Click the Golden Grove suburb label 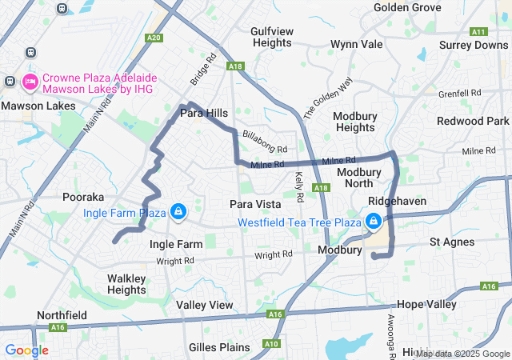(407, 7)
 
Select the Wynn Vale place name (357, 44)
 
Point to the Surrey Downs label (474, 45)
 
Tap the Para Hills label (203, 114)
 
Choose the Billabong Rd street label (265, 143)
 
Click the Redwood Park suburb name (473, 121)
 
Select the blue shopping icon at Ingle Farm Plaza (178, 212)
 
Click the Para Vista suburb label (254, 204)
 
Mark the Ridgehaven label (397, 202)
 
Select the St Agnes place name (452, 242)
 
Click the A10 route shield (271, 344)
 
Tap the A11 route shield (479, 32)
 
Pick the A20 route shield (154, 38)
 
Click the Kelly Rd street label (299, 187)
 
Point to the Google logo (26, 350)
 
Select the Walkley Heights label (126, 284)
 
